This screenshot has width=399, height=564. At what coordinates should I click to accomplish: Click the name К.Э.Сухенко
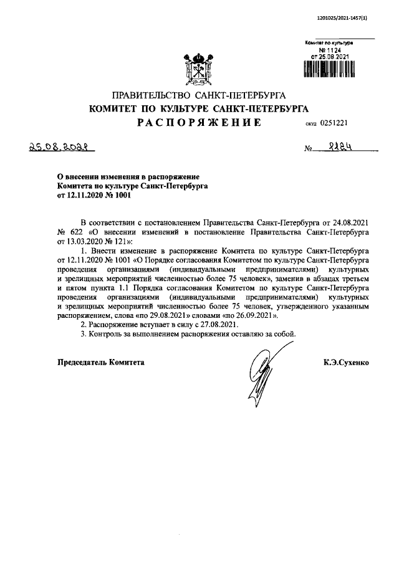tap(346, 361)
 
